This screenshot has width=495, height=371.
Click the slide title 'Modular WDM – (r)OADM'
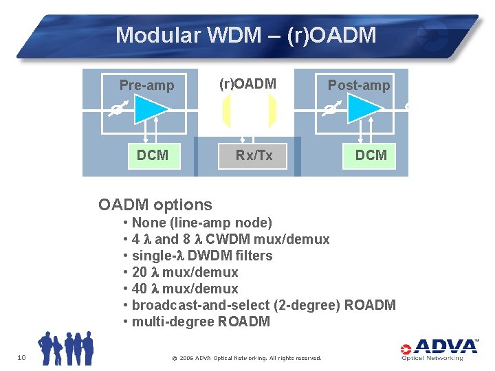pyautogui.click(x=246, y=35)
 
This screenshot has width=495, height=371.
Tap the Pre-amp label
pyautogui.click(x=146, y=85)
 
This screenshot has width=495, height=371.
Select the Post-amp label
pyautogui.click(x=358, y=85)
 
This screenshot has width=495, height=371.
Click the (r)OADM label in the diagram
pyautogui.click(x=247, y=84)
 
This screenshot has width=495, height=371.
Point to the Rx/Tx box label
pyautogui.click(x=254, y=155)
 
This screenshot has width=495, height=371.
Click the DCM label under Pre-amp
pyautogui.click(x=152, y=155)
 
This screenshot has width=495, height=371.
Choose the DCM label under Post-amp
pyautogui.click(x=371, y=155)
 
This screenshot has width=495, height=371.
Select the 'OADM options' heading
pyautogui.click(x=155, y=205)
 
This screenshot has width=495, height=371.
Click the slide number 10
pyautogui.click(x=21, y=357)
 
